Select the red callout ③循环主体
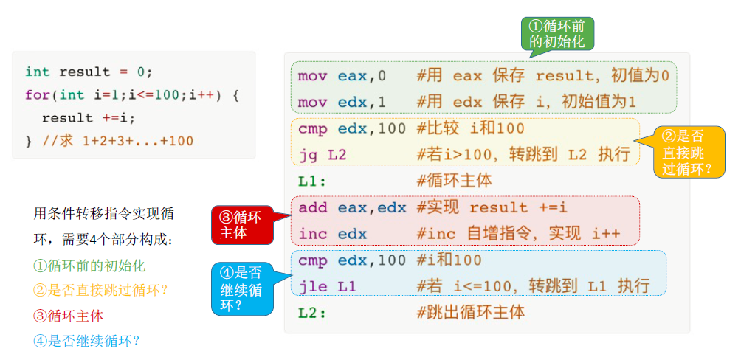(x=241, y=224)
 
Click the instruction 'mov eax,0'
(x=342, y=76)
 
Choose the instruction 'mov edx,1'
(x=342, y=103)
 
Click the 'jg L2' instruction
(x=322, y=155)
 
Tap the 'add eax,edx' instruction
(x=352, y=208)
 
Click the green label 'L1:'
(x=312, y=181)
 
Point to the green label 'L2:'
(x=312, y=313)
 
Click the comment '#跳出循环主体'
(x=471, y=313)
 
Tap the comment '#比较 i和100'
(x=471, y=129)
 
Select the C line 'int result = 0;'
(x=89, y=72)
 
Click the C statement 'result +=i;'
(x=89, y=118)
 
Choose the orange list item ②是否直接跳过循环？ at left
(x=101, y=291)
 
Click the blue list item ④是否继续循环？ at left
(x=87, y=341)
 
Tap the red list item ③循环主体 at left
(x=69, y=316)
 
